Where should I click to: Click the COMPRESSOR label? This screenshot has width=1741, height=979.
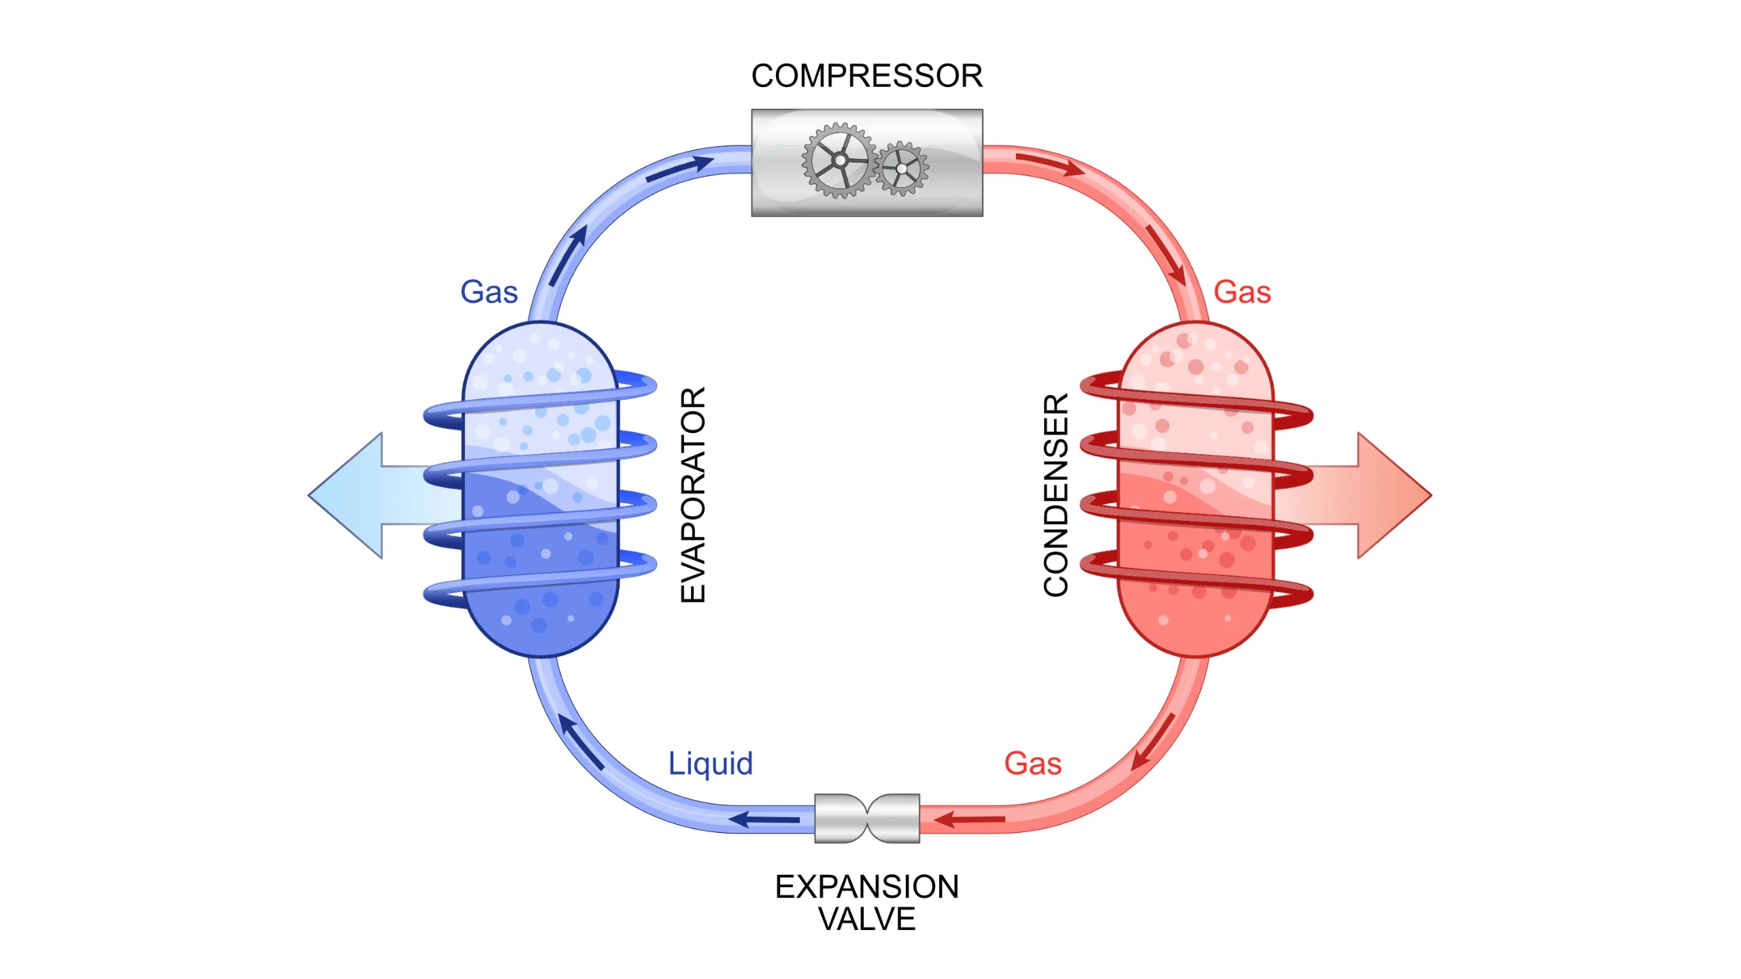(x=866, y=75)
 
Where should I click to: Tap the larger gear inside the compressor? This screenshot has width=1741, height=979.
(x=839, y=161)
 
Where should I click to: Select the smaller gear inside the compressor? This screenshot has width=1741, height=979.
(x=902, y=168)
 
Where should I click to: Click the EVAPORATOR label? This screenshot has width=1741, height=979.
(x=693, y=494)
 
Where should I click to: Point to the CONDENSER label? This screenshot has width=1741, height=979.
(x=1056, y=495)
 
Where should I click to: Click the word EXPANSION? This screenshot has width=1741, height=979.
(x=866, y=887)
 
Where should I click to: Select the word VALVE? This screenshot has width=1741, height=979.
(x=866, y=919)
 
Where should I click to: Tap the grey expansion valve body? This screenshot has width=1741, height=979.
(x=867, y=818)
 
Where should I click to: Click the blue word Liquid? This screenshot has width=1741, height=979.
(x=711, y=763)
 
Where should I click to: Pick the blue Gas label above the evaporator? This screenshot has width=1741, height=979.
(x=489, y=292)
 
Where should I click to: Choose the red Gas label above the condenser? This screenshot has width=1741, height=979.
(x=1242, y=292)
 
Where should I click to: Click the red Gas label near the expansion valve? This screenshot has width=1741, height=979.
(x=1032, y=763)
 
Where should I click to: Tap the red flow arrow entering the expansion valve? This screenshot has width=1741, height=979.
(x=969, y=819)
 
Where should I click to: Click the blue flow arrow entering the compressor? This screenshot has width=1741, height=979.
(x=680, y=168)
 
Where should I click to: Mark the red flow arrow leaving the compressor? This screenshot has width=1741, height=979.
(x=1051, y=164)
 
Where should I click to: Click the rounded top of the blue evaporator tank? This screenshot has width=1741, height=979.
(x=541, y=347)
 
